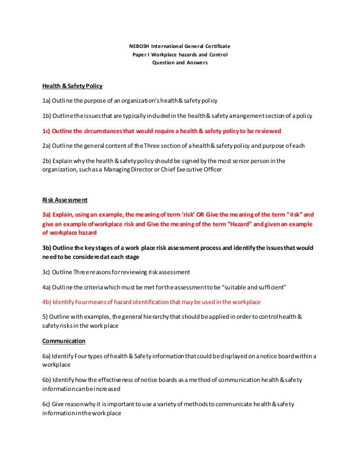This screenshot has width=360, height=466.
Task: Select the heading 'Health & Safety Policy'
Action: tap(72, 86)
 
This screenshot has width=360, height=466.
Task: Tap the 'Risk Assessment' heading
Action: tap(65, 200)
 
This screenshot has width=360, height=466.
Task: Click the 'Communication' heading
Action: tap(64, 341)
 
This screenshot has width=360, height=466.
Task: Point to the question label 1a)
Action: tap(47, 101)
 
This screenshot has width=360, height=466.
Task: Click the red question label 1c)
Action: tap(47, 130)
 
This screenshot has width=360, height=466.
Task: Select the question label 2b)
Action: tap(47, 160)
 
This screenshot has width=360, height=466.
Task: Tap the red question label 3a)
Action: tap(47, 215)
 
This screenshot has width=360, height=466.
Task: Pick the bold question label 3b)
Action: tap(47, 248)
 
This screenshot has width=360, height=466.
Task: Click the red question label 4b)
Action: tap(47, 301)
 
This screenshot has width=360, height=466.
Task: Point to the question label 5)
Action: tap(45, 316)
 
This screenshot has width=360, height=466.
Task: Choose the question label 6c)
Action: tap(47, 404)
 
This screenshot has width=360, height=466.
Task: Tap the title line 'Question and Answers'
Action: tap(180, 63)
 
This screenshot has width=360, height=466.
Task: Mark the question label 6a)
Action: tap(47, 356)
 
